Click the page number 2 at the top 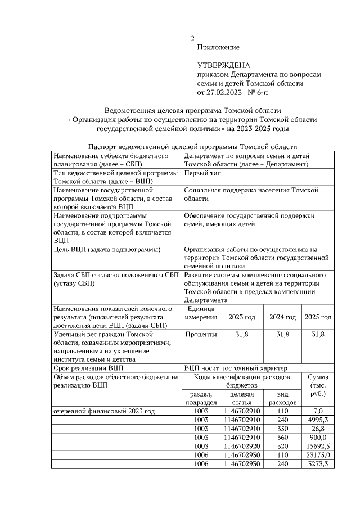193,38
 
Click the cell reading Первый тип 204,173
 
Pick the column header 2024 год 282,317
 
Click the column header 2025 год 318,317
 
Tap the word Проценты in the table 201,334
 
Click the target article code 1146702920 241,445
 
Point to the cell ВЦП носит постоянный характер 235,368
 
